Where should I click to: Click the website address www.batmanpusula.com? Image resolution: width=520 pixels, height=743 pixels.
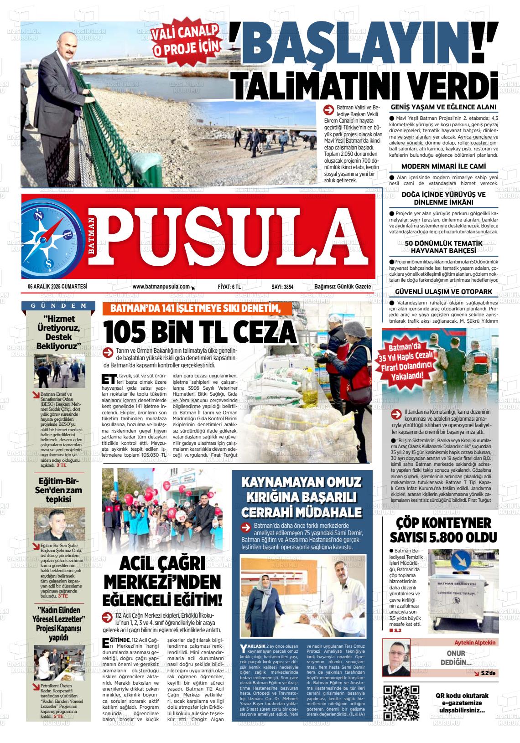click(161, 287)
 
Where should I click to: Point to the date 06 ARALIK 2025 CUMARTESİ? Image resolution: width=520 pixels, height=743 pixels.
click(57, 287)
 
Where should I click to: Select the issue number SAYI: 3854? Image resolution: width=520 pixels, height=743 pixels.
click(282, 287)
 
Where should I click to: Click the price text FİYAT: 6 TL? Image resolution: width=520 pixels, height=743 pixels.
click(229, 287)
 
